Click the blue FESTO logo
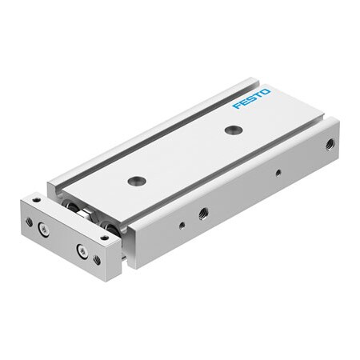(x=251, y=98)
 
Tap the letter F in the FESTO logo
(x=236, y=106)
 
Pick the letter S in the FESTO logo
(x=250, y=98)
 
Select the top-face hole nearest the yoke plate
(x=134, y=181)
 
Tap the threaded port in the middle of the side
(x=203, y=212)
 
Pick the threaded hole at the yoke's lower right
(x=97, y=259)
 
